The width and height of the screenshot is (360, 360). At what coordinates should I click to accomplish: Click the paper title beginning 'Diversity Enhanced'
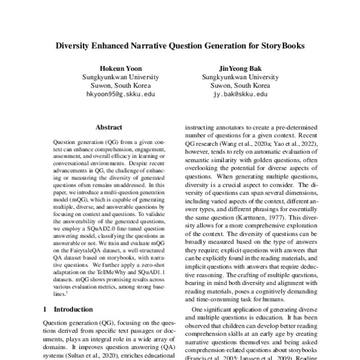(180, 44)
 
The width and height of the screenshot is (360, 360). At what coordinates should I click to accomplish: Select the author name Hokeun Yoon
(120, 68)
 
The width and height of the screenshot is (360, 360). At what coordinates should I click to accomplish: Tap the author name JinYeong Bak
(239, 68)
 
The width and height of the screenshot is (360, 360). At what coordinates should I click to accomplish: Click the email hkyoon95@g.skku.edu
(120, 94)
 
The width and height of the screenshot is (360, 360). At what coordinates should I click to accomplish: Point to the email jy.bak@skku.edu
(239, 94)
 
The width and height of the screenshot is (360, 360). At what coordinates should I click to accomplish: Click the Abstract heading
(109, 127)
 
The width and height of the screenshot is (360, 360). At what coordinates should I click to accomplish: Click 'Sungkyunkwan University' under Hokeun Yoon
(120, 77)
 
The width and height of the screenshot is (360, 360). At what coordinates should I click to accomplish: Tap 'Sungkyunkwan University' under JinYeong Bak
(239, 77)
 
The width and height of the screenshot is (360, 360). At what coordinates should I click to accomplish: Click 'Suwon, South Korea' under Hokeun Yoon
(120, 85)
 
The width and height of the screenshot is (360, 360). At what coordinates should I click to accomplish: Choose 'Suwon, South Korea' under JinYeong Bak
(239, 85)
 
